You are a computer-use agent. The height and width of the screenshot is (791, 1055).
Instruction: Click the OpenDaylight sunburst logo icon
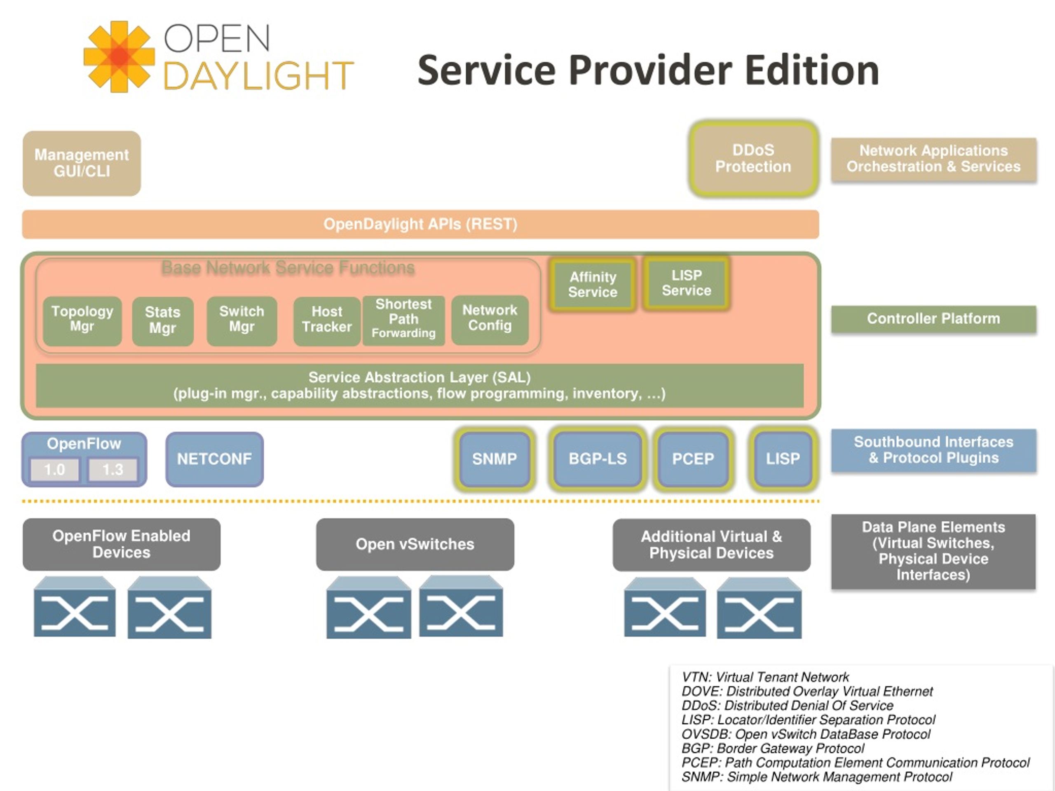[x=119, y=56]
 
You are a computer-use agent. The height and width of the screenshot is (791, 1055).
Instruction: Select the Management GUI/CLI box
[x=82, y=163]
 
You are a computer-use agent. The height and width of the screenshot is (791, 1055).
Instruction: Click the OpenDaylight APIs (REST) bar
[x=420, y=224]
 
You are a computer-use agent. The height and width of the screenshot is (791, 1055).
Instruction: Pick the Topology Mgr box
[x=82, y=321]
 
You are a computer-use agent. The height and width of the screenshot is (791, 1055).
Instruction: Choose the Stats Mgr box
[x=163, y=321]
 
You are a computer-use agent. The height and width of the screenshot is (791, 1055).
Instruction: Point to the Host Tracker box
[x=327, y=321]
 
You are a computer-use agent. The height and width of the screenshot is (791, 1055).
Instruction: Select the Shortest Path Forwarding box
[x=403, y=321]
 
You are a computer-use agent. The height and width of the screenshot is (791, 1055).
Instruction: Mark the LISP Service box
[x=686, y=283]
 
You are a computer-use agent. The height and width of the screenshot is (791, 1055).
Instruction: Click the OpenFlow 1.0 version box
[x=54, y=470]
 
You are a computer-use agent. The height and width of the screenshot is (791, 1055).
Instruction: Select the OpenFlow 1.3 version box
[x=113, y=470]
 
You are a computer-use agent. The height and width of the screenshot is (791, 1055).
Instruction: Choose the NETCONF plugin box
[x=215, y=459]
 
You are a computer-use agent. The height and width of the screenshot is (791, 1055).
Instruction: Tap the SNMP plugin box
[x=495, y=459]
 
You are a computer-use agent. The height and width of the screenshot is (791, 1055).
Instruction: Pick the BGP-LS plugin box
[x=598, y=459]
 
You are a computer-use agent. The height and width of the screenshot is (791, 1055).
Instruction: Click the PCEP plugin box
[x=693, y=459]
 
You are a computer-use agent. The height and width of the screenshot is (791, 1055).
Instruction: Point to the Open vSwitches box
[x=415, y=545]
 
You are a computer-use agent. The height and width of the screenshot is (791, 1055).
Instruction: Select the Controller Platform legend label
[x=933, y=319]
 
